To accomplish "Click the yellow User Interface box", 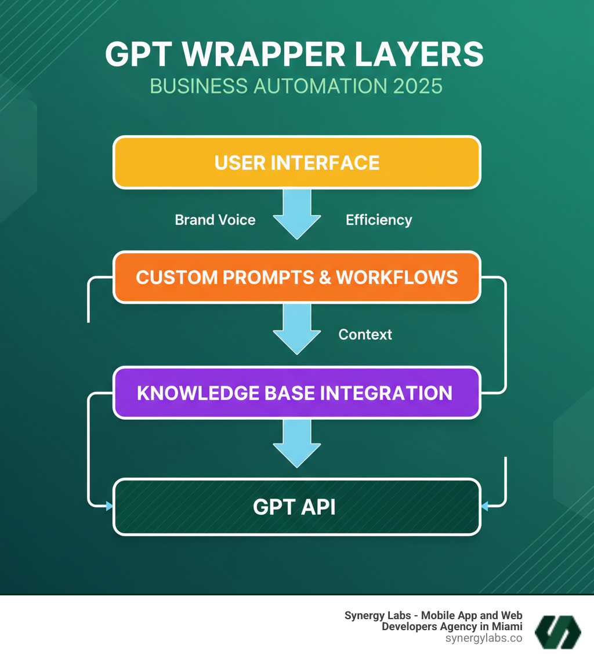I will pyautogui.click(x=296, y=162).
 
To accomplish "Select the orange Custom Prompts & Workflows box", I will pyautogui.click(x=296, y=277).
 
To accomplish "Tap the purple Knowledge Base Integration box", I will pyautogui.click(x=296, y=392).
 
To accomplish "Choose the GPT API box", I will pyautogui.click(x=296, y=507).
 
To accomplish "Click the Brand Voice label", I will pyautogui.click(x=215, y=220).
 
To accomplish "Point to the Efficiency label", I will pyautogui.click(x=379, y=220).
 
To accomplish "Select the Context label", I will pyautogui.click(x=365, y=334).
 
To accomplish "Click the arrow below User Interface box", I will pyautogui.click(x=296, y=214).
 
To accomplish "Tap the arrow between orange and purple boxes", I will pyautogui.click(x=296, y=329).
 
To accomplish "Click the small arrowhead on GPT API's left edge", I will pyautogui.click(x=109, y=506).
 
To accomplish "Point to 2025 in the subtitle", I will pyautogui.click(x=418, y=86).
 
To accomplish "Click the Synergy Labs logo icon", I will pyautogui.click(x=557, y=631).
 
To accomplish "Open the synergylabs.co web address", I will pyautogui.click(x=484, y=638).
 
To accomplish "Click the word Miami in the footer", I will pyautogui.click(x=505, y=627).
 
